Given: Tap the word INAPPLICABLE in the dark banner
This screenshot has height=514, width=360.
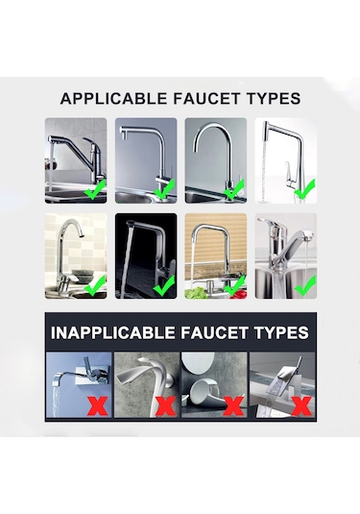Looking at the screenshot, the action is coord(113,332).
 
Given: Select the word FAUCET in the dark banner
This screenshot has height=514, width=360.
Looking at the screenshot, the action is coord(214,332).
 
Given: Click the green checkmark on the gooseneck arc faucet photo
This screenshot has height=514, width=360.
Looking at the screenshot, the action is coord(234,189).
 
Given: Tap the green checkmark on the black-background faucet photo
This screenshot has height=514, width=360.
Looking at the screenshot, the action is coord(164,286).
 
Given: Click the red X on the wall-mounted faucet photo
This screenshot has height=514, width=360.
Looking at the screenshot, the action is coord(98,405).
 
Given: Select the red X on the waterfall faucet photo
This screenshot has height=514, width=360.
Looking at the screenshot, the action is coord(301,405).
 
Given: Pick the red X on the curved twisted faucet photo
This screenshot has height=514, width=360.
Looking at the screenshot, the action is coord(165,405).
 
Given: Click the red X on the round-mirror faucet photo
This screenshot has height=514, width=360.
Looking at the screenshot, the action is coord(233,405).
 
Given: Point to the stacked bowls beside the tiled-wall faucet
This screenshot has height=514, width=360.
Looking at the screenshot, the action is coord(82,277).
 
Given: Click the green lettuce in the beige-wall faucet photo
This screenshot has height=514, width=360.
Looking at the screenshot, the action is coord(196,293).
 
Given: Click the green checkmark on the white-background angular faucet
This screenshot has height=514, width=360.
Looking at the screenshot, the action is coord(304,189).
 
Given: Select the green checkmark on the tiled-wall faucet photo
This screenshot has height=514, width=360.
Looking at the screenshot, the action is coord(95,286).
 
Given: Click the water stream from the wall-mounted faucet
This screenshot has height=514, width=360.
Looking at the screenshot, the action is coord(57,402).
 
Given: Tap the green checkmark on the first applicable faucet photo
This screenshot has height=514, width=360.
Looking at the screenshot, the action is coord(95,189).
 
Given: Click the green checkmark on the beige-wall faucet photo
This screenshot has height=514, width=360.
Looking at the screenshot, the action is coord(234,286).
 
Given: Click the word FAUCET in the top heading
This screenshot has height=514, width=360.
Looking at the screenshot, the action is coord(207,99).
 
